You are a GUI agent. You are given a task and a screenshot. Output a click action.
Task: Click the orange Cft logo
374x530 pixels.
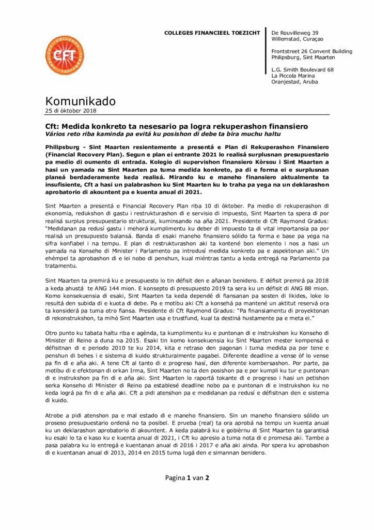pyautogui.click(x=65, y=55)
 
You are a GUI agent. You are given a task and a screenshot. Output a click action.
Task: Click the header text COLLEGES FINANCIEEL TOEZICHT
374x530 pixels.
pyautogui.click(x=212, y=33)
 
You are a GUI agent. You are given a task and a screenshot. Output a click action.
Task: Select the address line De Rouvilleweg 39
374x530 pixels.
pyautogui.click(x=294, y=33)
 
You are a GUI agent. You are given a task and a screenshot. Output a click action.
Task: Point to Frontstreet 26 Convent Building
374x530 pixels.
pyautogui.click(x=311, y=51)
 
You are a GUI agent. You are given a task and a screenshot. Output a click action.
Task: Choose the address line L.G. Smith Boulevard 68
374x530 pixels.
pyautogui.click(x=302, y=70)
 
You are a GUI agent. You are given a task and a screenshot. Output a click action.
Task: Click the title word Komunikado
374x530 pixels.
pyautogui.click(x=81, y=101)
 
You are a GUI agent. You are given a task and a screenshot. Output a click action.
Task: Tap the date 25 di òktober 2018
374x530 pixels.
pyautogui.click(x=70, y=110)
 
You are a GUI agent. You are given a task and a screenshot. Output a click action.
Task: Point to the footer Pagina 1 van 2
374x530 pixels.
pyautogui.click(x=187, y=478)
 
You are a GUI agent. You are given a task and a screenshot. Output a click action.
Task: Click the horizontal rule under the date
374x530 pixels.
pyautogui.click(x=187, y=114)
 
